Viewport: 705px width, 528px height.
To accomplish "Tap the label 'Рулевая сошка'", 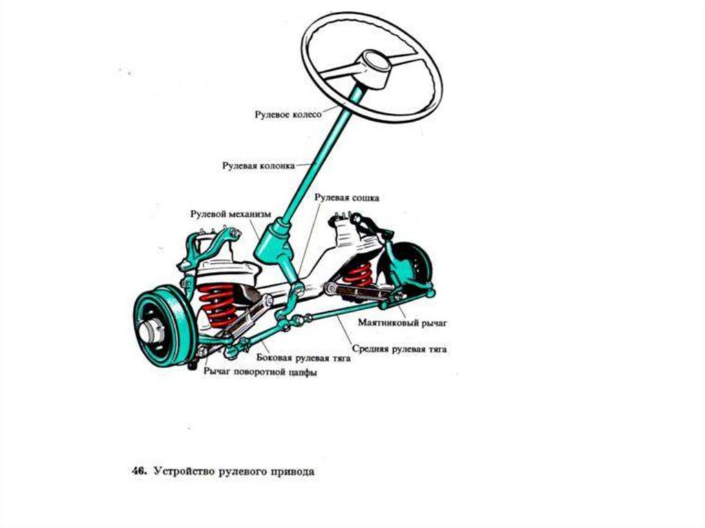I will click(x=347, y=198).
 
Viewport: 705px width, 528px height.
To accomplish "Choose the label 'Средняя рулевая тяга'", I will click(x=400, y=350).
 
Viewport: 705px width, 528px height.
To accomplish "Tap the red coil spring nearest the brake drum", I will click(x=218, y=303).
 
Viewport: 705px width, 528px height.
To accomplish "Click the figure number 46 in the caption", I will click(x=137, y=473).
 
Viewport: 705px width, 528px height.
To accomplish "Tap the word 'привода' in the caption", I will click(x=292, y=473).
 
